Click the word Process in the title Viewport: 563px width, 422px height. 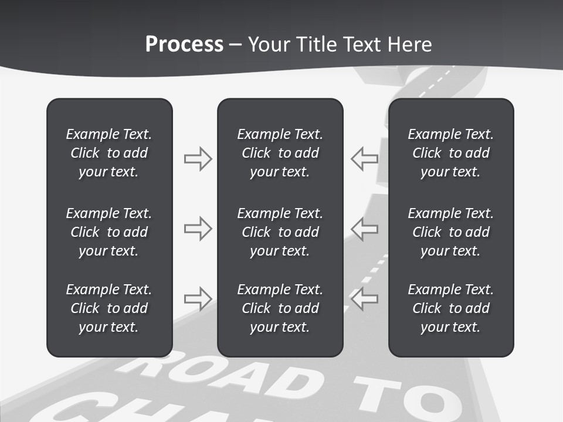point(184,45)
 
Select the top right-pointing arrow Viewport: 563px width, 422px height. point(198,159)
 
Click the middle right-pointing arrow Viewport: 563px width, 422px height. point(198,228)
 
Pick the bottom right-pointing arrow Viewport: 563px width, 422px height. point(198,298)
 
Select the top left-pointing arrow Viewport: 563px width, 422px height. point(365,159)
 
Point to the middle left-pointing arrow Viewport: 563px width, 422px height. point(365,228)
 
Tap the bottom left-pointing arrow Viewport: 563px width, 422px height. point(365,298)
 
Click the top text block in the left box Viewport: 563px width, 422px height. point(109,153)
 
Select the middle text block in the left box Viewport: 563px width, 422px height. point(109,232)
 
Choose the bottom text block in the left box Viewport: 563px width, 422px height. point(109,308)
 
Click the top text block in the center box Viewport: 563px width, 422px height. point(280,153)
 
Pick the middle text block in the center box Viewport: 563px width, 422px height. point(280,232)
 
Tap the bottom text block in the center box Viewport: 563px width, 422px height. point(280,308)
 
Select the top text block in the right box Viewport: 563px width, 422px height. point(450,153)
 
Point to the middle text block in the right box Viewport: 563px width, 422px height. point(450,232)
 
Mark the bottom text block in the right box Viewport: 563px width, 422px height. point(450,308)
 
